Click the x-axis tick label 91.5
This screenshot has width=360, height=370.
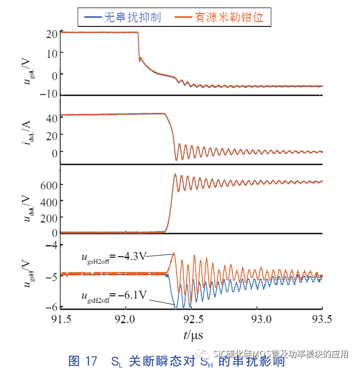tap(61, 319)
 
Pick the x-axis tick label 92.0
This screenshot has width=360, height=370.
tap(125, 319)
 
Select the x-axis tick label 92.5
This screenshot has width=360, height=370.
tap(191, 319)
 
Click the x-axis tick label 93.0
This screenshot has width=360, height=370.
tap(257, 319)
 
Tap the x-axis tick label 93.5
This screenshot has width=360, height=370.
tap(322, 319)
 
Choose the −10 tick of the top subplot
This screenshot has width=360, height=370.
tap(49, 95)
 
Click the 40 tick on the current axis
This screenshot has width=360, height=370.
tap(51, 118)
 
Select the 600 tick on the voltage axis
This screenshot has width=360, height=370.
tap(48, 186)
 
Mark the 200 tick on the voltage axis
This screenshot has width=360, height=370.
tap(48, 218)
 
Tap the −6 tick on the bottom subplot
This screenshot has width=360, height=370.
tap(51, 307)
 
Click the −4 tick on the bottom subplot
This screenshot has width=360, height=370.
tap(51, 245)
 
